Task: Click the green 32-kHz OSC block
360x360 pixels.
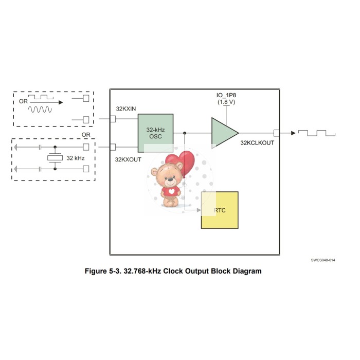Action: pos(155,133)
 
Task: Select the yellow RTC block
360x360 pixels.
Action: pos(220,210)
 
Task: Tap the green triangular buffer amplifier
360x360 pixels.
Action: pos(223,133)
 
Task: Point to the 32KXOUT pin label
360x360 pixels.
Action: pos(128,159)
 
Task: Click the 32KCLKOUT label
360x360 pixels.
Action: pos(257,142)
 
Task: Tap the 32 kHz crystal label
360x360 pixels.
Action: pos(76,157)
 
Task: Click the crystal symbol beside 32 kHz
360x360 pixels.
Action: pos(55,158)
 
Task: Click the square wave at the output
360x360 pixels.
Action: pos(319,133)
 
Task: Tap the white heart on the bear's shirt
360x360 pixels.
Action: pos(171,191)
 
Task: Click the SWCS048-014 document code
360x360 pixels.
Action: pos(322,261)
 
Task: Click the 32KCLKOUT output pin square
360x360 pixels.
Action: pos(277,133)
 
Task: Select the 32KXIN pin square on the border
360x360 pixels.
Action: pos(113,119)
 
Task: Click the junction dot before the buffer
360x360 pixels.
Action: pos(185,133)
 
